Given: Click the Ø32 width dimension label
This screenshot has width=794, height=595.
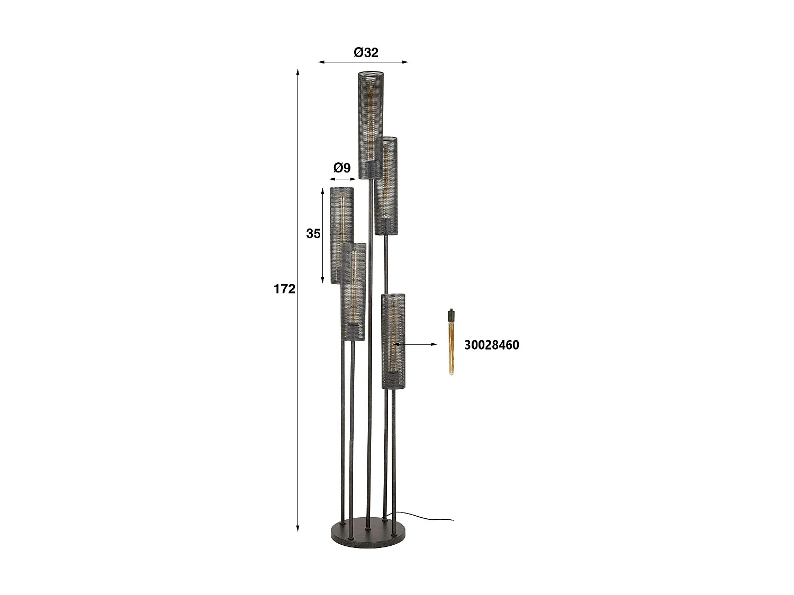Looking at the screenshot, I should coord(366,52).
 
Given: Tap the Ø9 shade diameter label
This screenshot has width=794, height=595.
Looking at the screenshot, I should coord(342,168).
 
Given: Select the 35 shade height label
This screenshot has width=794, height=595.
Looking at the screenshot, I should coord(313,233).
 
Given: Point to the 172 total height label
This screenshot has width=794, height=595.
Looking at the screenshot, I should coord(284,289).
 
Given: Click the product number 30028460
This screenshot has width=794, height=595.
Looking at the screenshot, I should coord(491,345).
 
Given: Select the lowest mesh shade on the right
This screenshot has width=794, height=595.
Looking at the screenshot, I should coord(394,341).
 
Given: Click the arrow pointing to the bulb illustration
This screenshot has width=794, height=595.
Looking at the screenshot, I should coord(416,344).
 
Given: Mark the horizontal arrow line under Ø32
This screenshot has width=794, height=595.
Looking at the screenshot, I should coord(363,62).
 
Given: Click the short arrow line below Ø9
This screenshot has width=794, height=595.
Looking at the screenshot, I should coord(342,180).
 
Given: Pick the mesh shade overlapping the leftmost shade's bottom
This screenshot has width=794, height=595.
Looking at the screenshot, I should coord(353,292).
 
